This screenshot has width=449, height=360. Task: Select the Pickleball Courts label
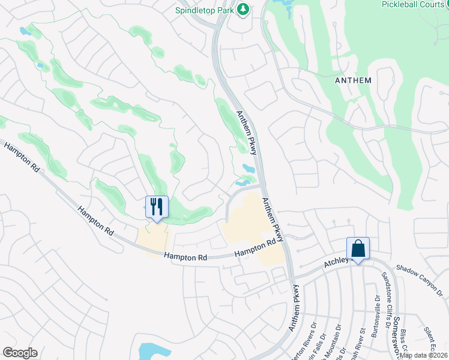(415, 4)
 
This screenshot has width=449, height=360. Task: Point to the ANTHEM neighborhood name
(354, 80)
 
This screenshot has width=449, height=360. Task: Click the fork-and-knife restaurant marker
(157, 208)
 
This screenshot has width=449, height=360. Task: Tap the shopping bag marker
(358, 249)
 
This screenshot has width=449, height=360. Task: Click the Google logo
(20, 352)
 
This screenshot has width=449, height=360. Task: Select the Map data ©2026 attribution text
(423, 355)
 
